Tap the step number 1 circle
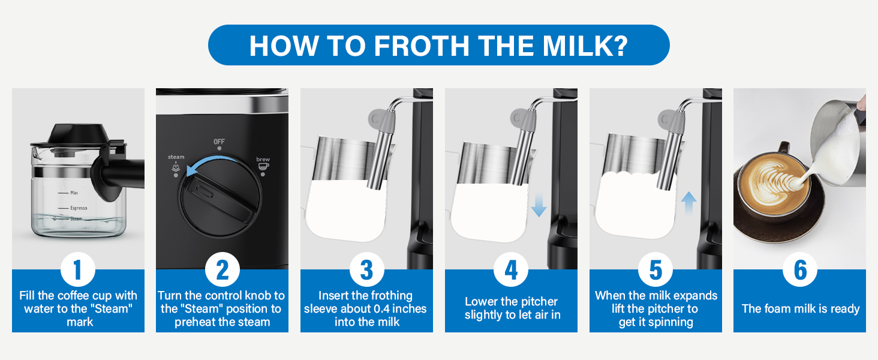pos(78,271)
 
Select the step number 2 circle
pos(222,271)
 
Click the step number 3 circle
pos(366,271)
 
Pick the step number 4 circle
pos(511,271)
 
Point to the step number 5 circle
pos(656,271)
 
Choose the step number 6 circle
pos(800,271)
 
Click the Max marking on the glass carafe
pos(74,193)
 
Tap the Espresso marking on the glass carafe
pos(79,208)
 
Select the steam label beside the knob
pos(176,157)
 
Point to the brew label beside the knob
pos(263,160)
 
